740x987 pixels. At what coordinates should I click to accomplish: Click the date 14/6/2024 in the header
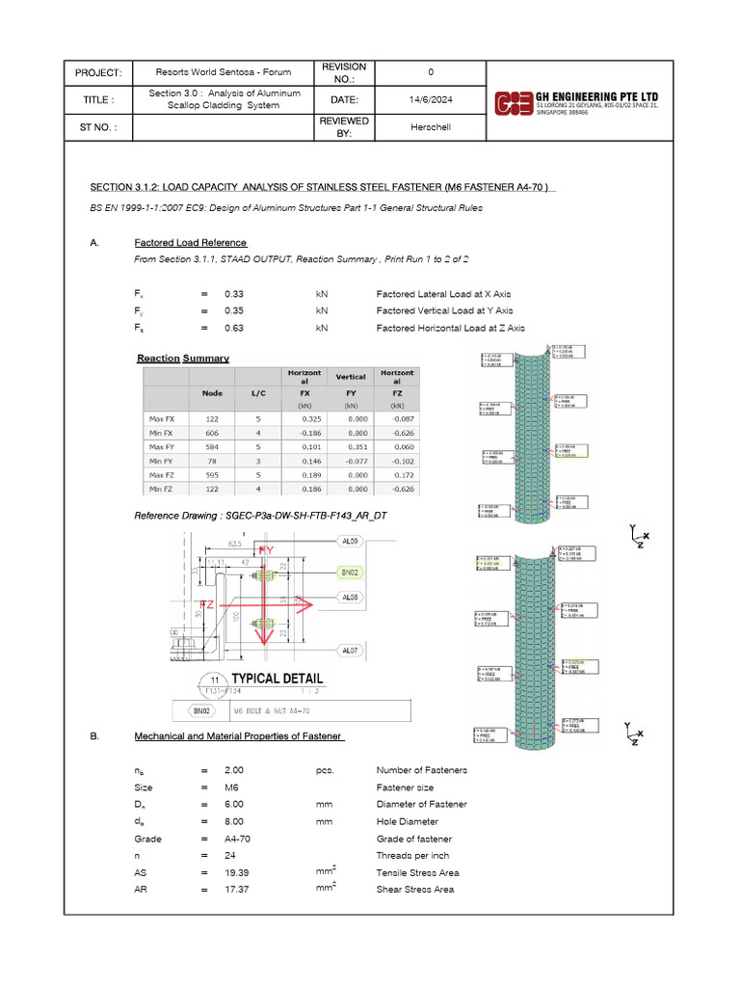coord(430,99)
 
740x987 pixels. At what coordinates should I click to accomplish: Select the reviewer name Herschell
coord(430,126)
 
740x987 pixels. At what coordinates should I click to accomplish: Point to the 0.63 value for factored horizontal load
coord(234,328)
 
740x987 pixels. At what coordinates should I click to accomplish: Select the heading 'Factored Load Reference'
coord(191,243)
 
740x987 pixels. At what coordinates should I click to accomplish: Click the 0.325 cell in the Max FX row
coord(304,419)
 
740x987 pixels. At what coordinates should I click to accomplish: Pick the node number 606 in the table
coord(211,435)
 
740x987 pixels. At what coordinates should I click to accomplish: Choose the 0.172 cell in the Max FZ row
coord(406,476)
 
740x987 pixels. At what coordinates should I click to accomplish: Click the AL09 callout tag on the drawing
coord(351,543)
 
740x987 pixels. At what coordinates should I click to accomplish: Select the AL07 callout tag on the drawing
coord(351,651)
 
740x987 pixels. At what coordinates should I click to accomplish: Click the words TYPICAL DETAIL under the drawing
coord(277,678)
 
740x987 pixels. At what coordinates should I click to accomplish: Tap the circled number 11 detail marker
coord(214,679)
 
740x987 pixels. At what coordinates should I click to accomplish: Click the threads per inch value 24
coord(230,855)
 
